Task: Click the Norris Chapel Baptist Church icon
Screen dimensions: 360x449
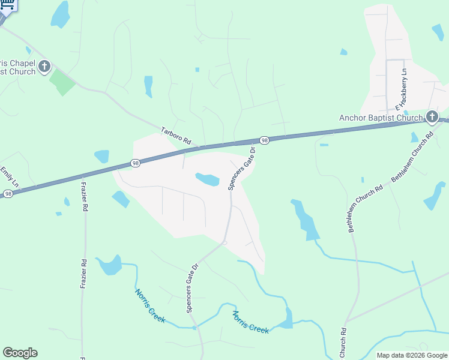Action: pos(44,66)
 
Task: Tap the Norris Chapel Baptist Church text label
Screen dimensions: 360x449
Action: pos(17,67)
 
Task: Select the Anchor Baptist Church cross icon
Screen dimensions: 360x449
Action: pos(432,116)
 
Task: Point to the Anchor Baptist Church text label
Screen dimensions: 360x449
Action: pos(381,118)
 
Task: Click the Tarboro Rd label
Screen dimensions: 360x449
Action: pos(176,136)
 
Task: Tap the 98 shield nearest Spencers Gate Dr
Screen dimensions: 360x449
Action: pos(265,140)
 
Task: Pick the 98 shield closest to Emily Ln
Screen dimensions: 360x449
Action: pos(8,193)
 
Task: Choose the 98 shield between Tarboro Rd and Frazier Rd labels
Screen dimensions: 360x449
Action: pos(136,163)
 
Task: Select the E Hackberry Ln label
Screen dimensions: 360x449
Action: pos(402,91)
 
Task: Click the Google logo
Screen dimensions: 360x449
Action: pos(20,353)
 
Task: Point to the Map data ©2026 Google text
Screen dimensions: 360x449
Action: pos(412,355)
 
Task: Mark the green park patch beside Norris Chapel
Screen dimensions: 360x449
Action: pos(62,82)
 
